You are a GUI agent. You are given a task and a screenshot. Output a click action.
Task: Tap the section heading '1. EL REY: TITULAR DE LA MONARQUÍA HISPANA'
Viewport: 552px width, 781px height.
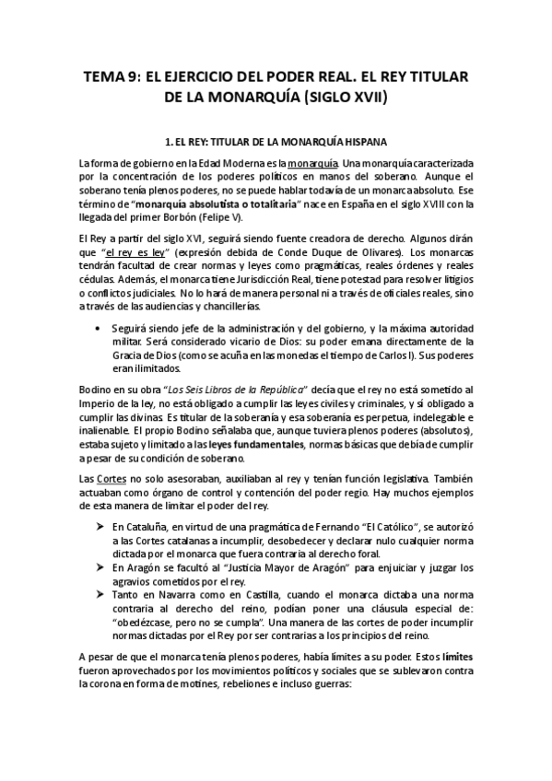click(x=276, y=143)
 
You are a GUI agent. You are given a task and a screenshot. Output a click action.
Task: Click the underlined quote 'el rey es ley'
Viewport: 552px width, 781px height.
click(x=135, y=251)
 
